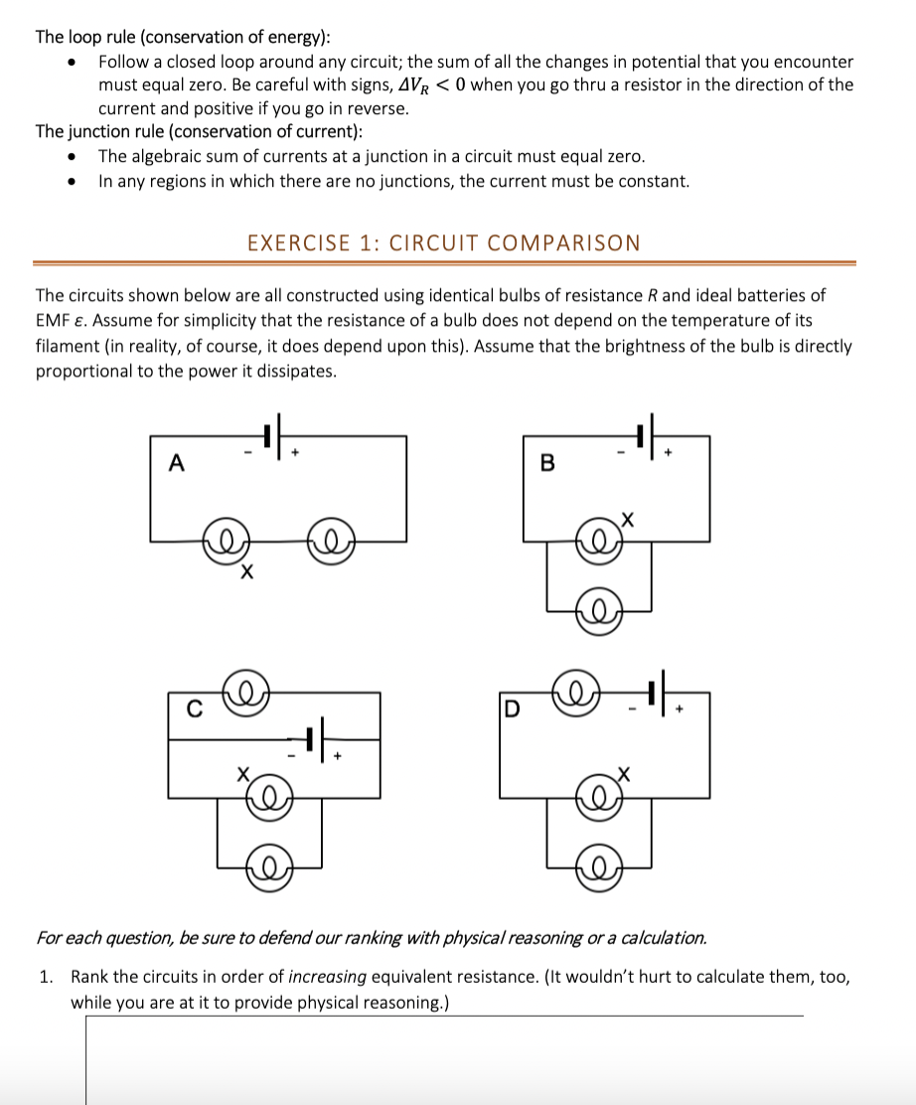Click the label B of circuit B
pos(546,462)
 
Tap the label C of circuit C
pos(196,710)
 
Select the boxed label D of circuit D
pos(512,710)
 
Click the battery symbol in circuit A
pos(272,435)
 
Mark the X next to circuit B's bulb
pos(626,517)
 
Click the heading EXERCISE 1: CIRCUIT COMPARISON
pos(443,242)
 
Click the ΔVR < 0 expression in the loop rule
pos(431,84)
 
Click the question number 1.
pos(46,977)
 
